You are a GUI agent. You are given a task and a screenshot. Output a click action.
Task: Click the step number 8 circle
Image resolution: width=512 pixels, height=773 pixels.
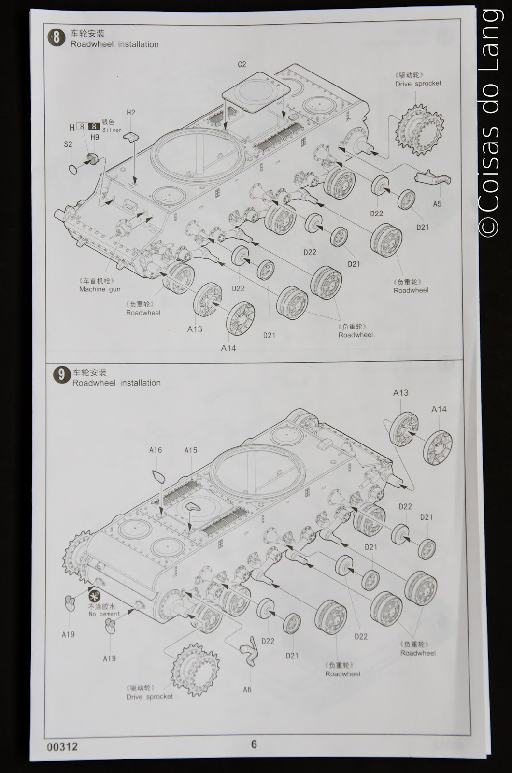coord(57,38)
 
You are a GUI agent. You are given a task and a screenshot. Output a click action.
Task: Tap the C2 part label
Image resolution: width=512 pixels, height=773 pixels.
coord(242,64)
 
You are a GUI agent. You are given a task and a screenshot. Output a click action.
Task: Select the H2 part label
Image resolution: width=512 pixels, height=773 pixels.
coord(131,113)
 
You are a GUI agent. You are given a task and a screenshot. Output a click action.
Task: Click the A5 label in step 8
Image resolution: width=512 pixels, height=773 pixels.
coord(437,204)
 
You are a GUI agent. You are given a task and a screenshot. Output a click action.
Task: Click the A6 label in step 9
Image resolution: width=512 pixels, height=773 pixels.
coord(247,689)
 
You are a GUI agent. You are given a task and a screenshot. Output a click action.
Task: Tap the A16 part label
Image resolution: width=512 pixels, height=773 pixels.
coord(155,450)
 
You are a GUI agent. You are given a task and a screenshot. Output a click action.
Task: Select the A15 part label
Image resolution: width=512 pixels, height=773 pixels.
coord(191,450)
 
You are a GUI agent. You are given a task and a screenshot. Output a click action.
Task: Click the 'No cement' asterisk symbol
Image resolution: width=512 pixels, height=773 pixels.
coord(95,594)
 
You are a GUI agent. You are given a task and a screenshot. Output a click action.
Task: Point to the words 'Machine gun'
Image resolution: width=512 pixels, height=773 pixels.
coord(100,289)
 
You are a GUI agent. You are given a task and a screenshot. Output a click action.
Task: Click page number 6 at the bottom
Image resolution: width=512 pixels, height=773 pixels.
coord(254,744)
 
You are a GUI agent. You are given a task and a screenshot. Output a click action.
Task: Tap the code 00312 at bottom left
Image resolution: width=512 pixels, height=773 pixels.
coord(62,746)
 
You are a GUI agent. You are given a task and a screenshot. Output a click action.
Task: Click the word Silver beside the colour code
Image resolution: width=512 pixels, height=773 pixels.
coord(112,130)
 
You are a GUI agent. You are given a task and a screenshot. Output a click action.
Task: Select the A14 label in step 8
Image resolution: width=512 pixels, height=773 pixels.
coord(228,348)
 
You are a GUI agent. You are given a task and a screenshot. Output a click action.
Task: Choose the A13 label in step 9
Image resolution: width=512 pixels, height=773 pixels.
coord(400,393)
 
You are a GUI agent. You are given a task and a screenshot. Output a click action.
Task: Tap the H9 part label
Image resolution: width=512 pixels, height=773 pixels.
coord(95,137)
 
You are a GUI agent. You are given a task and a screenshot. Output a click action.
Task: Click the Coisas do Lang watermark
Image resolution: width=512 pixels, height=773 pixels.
coord(490,121)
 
